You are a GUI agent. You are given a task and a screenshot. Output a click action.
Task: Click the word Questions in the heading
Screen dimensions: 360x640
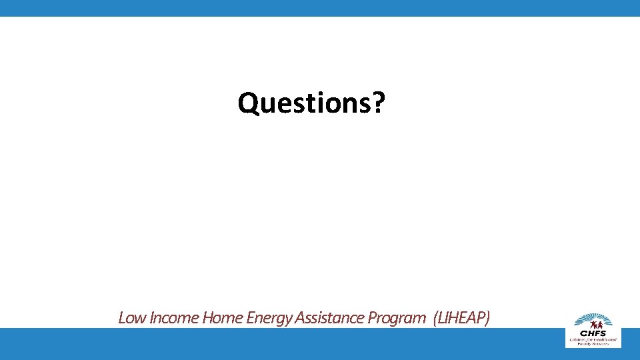pyautogui.click(x=305, y=103)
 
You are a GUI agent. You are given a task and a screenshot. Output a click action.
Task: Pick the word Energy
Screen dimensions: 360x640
pyautogui.click(x=270, y=319)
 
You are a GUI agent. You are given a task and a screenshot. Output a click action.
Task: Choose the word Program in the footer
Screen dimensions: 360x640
pyautogui.click(x=399, y=319)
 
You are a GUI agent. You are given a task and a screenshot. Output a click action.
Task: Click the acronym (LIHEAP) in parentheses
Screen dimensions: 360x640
pyautogui.click(x=461, y=318)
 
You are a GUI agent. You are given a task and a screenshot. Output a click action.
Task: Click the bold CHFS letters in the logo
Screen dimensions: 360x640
pyautogui.click(x=593, y=333)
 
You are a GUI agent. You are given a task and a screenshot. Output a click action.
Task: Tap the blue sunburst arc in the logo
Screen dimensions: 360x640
pyautogui.click(x=593, y=317)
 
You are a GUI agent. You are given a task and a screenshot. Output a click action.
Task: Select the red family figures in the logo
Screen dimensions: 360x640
pyautogui.click(x=593, y=325)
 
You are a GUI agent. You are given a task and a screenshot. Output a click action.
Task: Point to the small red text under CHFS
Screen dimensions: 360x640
pyautogui.click(x=593, y=341)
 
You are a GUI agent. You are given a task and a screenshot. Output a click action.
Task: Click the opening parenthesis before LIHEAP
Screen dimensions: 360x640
pyautogui.click(x=435, y=318)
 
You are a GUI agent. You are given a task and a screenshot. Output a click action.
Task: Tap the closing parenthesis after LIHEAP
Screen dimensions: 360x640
pyautogui.click(x=487, y=318)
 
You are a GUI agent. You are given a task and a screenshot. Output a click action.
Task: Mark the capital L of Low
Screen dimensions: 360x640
pyautogui.click(x=122, y=318)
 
